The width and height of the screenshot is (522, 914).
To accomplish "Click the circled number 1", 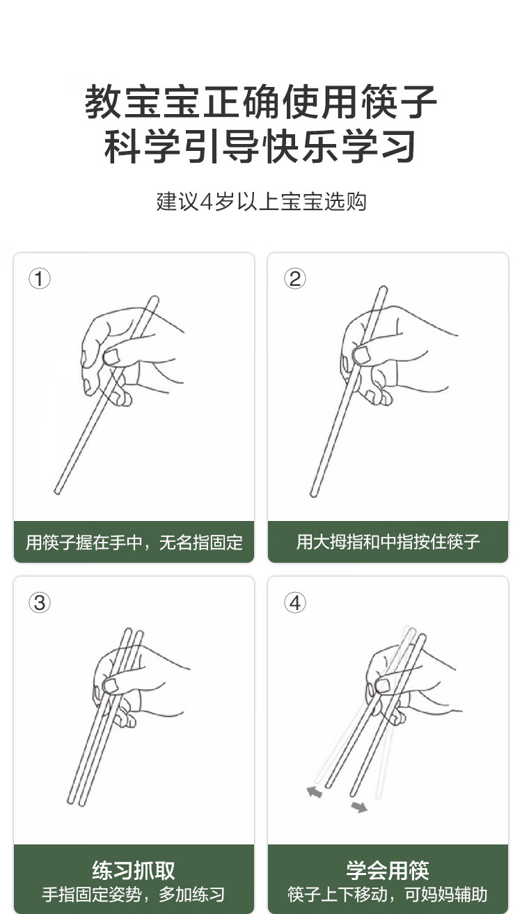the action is (x=40, y=279).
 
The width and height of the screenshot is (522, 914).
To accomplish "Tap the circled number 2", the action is (x=294, y=279).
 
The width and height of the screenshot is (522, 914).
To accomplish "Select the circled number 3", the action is (x=40, y=602).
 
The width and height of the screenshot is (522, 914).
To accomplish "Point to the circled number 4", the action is (x=294, y=602).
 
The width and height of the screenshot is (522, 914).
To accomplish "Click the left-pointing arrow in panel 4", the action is (x=315, y=792).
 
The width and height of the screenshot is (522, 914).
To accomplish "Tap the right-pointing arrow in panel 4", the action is (x=359, y=807).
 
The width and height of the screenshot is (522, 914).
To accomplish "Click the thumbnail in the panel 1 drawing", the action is (x=111, y=357).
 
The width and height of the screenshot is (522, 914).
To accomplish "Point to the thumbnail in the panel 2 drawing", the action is (x=362, y=355).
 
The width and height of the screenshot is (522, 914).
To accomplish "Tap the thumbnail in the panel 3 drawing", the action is (x=111, y=686).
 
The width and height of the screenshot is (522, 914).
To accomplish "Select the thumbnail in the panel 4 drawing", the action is (x=382, y=686).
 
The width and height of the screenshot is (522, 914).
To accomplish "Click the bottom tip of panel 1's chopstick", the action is (x=57, y=492).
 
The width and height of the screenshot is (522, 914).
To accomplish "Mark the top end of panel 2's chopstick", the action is (x=383, y=289).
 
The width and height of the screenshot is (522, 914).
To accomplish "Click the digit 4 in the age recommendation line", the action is (x=207, y=202).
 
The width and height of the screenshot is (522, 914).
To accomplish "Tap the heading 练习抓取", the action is (x=134, y=870).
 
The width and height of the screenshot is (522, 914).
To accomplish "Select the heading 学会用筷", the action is (x=388, y=870).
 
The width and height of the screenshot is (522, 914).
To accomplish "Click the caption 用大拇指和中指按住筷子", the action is (x=388, y=542).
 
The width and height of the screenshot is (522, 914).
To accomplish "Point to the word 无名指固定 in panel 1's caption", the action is (x=201, y=543).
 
